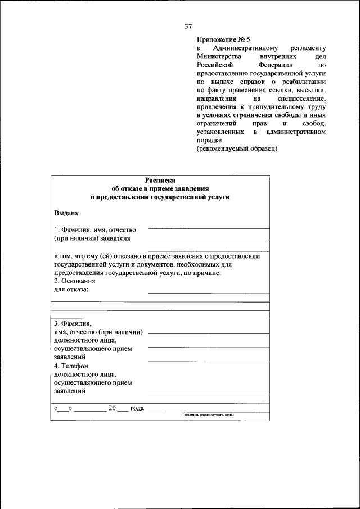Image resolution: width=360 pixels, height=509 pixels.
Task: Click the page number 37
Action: (188, 26)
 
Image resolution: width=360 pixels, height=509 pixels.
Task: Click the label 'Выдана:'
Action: (67, 213)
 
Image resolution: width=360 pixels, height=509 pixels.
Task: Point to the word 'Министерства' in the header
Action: (219, 57)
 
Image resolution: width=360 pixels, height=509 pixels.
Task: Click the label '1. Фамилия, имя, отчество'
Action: (95, 230)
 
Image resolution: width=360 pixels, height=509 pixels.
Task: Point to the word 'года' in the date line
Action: (137, 408)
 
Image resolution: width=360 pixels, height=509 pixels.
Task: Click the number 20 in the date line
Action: (112, 408)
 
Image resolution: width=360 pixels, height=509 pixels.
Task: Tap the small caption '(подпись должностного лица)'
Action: (208, 415)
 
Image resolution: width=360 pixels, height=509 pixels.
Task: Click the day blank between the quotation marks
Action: (63, 409)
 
